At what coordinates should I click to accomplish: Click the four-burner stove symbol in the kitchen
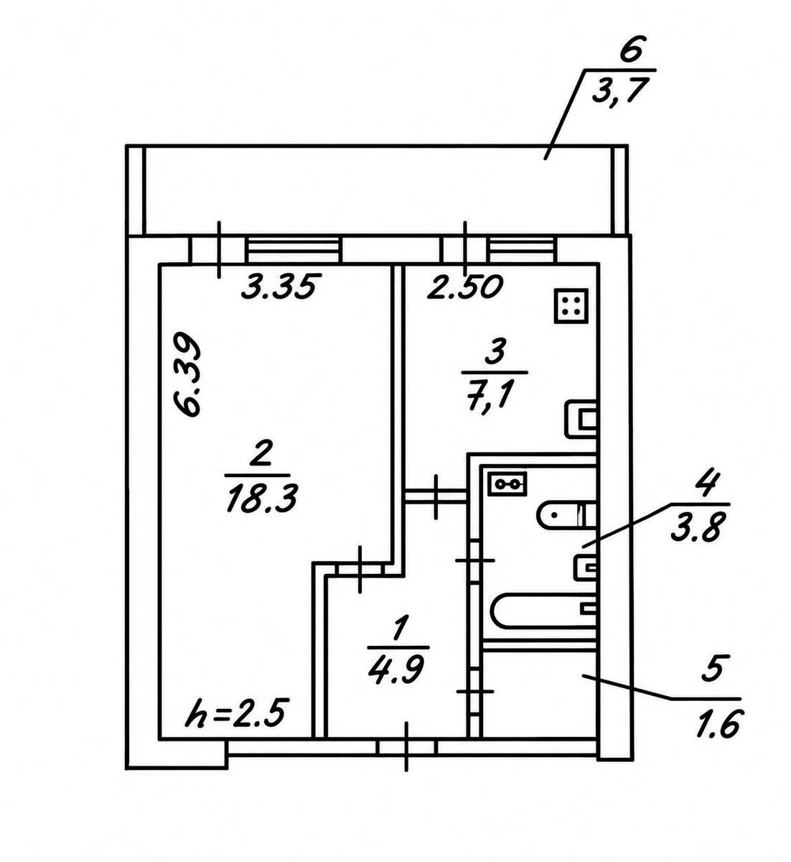click(571, 305)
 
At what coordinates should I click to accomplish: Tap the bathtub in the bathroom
click(544, 611)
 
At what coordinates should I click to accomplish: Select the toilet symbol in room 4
click(567, 514)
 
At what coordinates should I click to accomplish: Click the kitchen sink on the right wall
click(581, 419)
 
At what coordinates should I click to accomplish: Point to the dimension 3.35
click(281, 286)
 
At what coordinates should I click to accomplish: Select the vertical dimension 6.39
click(188, 374)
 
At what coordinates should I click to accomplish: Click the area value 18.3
click(261, 499)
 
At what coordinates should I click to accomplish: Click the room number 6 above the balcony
click(632, 50)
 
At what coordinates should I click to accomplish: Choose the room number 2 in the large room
click(261, 455)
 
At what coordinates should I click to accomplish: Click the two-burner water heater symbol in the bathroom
click(508, 484)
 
